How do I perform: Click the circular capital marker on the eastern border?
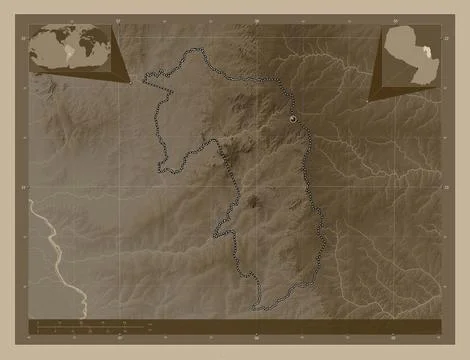click(x=293, y=119)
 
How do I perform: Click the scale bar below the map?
click(x=80, y=326)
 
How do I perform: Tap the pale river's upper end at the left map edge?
click(x=31, y=200)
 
